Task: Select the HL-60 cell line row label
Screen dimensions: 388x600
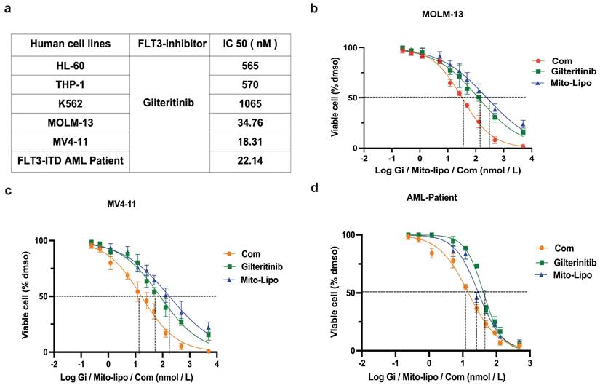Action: click(71, 64)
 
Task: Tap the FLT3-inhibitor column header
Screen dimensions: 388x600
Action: click(168, 44)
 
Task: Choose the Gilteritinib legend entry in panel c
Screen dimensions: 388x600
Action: click(258, 266)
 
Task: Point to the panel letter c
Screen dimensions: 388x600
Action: click(7, 191)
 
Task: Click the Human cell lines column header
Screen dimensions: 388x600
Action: click(71, 44)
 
